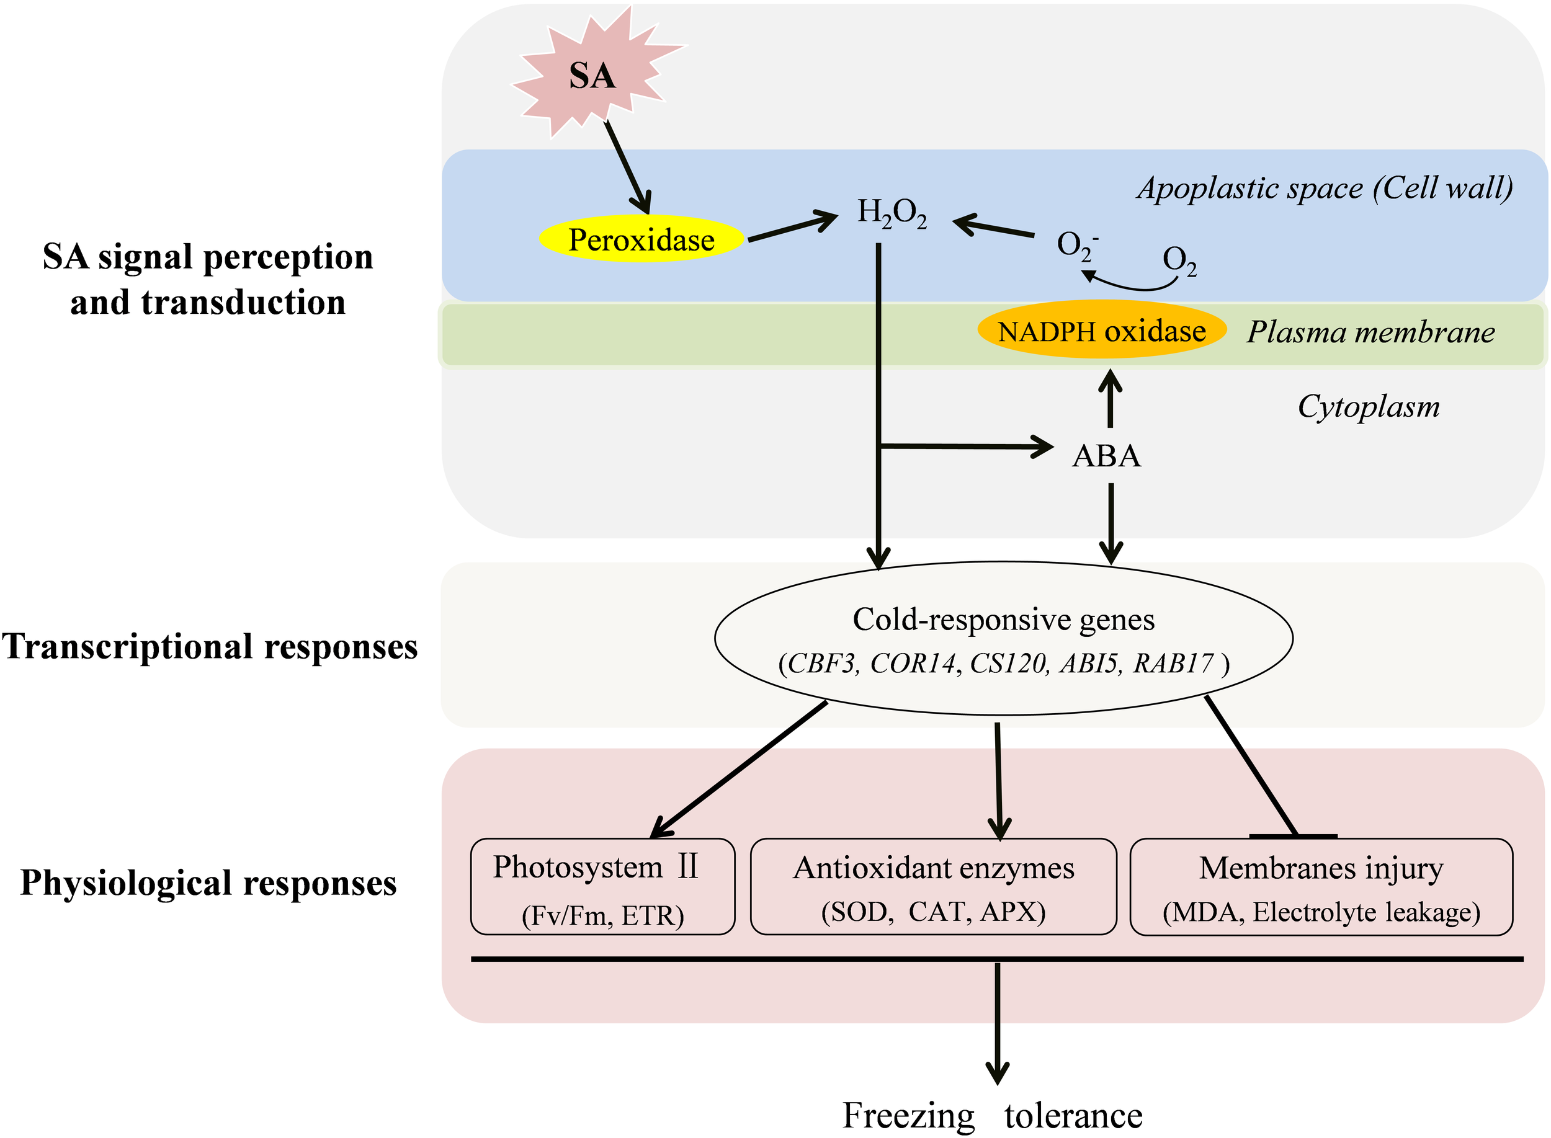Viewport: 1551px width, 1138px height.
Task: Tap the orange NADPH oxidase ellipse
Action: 1101,331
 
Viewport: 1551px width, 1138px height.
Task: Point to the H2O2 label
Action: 892,212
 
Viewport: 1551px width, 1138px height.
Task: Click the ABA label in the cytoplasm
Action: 1107,456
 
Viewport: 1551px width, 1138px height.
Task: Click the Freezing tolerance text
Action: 992,1114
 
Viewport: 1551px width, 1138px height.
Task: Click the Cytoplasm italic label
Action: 1369,406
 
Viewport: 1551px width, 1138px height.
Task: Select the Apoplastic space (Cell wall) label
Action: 1325,188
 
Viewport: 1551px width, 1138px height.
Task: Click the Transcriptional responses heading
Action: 210,647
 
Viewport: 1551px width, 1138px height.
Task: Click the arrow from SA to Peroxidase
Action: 628,167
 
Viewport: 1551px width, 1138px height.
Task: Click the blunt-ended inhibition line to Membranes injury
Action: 1251,768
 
